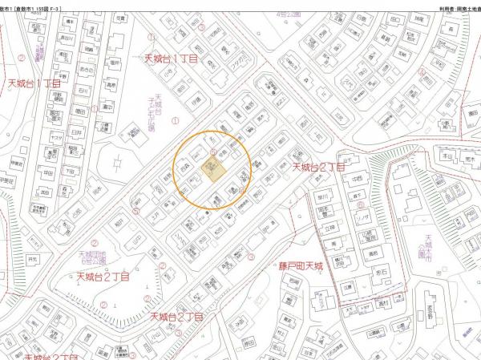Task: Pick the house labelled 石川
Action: pos(83,90)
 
